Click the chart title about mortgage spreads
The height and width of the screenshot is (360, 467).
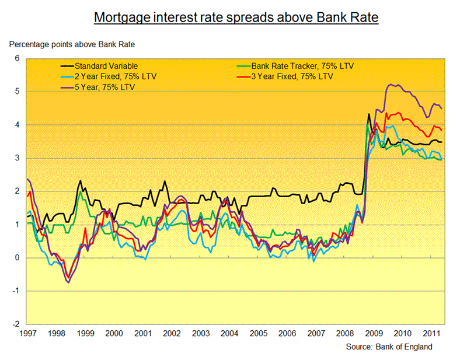(236, 18)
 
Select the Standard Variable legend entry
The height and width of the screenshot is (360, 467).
(106, 66)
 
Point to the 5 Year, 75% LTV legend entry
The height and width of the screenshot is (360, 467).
(103, 87)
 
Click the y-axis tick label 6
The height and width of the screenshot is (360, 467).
(17, 58)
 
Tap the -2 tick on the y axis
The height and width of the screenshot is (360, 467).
(16, 324)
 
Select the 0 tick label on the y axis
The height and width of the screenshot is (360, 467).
(17, 258)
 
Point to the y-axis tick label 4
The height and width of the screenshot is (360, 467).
(17, 125)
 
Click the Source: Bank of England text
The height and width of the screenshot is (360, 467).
(389, 347)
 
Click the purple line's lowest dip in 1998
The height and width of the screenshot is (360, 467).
(68, 282)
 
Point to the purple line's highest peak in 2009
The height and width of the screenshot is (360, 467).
(390, 85)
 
